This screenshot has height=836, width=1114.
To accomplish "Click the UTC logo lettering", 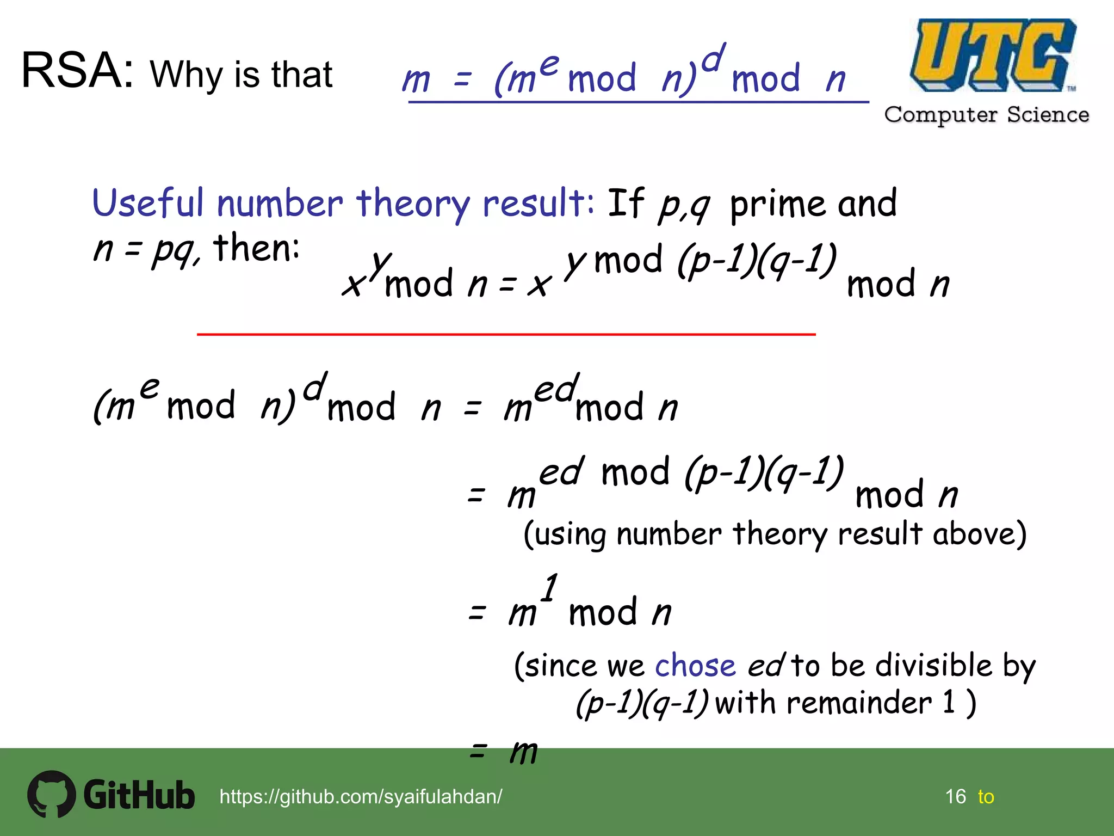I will coord(992,55).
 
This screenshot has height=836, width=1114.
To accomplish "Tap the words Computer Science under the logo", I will coord(987,115).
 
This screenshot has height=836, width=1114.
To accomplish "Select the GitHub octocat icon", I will coord(51,794).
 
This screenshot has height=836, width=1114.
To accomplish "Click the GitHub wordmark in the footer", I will coord(139,795).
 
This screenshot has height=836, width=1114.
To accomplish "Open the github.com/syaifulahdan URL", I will coord(361,796).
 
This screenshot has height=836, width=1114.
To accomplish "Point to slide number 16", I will coord(955,796).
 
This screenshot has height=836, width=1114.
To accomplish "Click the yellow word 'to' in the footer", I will coord(986,797).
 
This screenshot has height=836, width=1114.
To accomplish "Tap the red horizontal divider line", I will coord(506,334).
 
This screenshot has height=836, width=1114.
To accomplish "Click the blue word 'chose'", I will coord(695,666).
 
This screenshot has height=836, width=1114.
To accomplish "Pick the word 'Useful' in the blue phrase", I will coord(148,203).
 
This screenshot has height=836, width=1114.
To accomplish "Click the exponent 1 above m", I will coord(550,587).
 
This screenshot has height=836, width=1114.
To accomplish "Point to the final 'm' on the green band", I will coord(523,753).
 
